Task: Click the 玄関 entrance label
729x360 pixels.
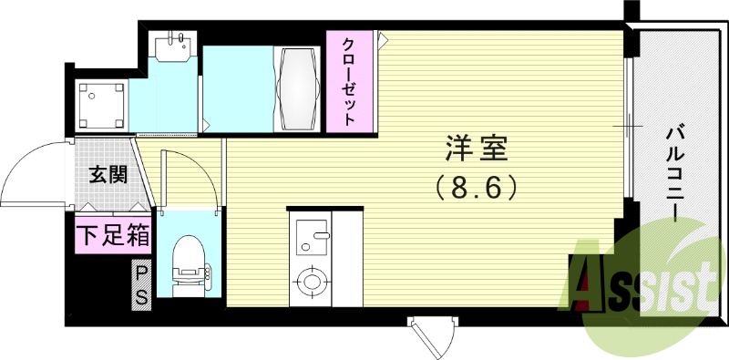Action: (x=108, y=174)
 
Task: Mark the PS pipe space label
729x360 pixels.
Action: (x=142, y=284)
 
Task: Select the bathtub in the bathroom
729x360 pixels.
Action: (x=299, y=89)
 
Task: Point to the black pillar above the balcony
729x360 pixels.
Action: (x=631, y=14)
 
